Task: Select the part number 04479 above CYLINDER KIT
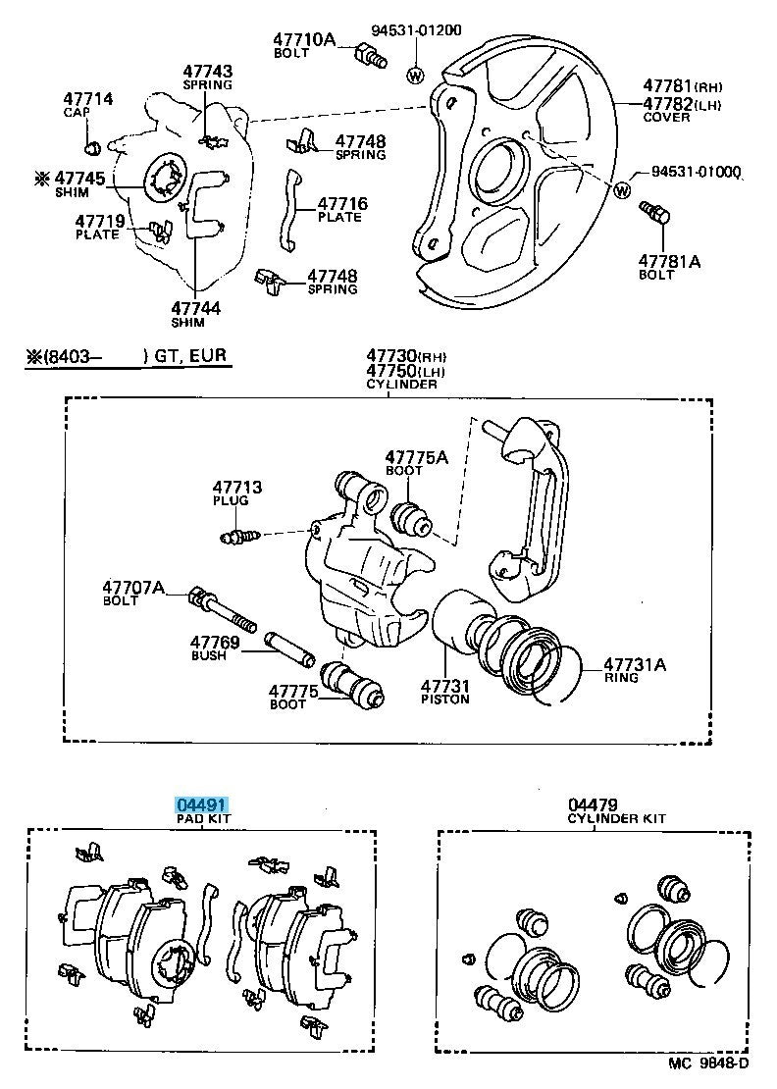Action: pyautogui.click(x=592, y=805)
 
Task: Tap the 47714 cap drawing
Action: pyautogui.click(x=94, y=148)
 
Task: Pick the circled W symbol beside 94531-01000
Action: pyautogui.click(x=622, y=189)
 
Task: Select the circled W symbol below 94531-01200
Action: pyautogui.click(x=414, y=75)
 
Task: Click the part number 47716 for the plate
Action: pyautogui.click(x=342, y=204)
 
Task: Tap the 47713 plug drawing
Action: pyautogui.click(x=239, y=536)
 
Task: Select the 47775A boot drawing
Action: pyautogui.click(x=410, y=519)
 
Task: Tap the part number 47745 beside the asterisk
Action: pyautogui.click(x=80, y=178)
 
